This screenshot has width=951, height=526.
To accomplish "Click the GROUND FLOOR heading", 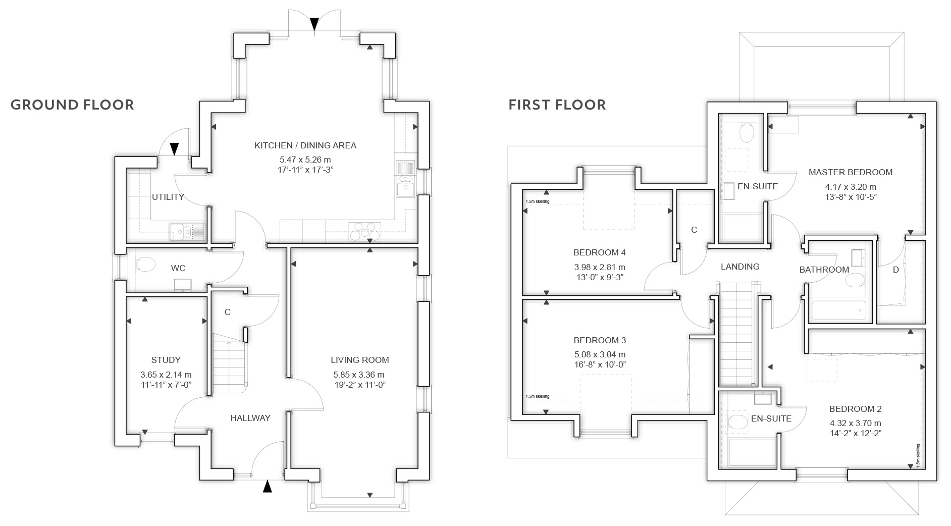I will click(x=72, y=104).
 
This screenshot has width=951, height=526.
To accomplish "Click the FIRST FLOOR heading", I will click(x=557, y=104).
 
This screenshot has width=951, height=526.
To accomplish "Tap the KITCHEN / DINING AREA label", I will click(x=305, y=145).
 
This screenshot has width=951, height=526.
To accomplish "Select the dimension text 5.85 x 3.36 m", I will click(x=359, y=375).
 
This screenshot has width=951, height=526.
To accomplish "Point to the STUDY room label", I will click(x=166, y=360).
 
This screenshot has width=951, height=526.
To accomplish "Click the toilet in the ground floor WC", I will click(x=145, y=265).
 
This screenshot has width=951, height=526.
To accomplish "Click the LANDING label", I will click(x=740, y=267).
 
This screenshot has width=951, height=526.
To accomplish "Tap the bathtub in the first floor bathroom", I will click(x=838, y=311).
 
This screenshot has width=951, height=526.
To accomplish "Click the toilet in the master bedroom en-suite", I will click(x=746, y=133).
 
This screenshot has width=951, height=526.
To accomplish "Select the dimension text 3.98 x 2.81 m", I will click(x=600, y=267).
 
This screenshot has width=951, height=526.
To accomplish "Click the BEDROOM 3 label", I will click(x=600, y=340).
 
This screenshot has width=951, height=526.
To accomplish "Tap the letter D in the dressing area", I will click(x=896, y=270).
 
